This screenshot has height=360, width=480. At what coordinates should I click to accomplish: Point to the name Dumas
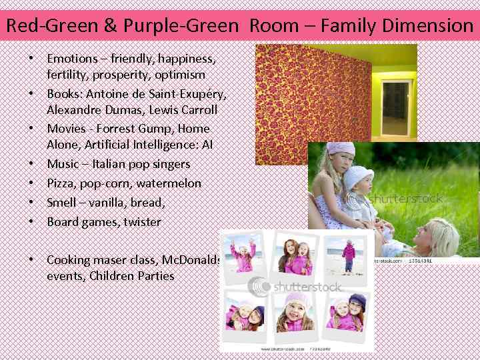pyautogui.click(x=127, y=109)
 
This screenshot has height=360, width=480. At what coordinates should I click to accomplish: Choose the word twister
pyautogui.click(x=142, y=221)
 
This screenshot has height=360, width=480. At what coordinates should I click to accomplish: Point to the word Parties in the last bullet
pyautogui.click(x=154, y=276)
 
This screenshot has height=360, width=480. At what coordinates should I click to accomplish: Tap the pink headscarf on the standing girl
pyautogui.click(x=341, y=149)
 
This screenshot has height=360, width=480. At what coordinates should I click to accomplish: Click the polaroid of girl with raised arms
pyautogui.click(x=243, y=257)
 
